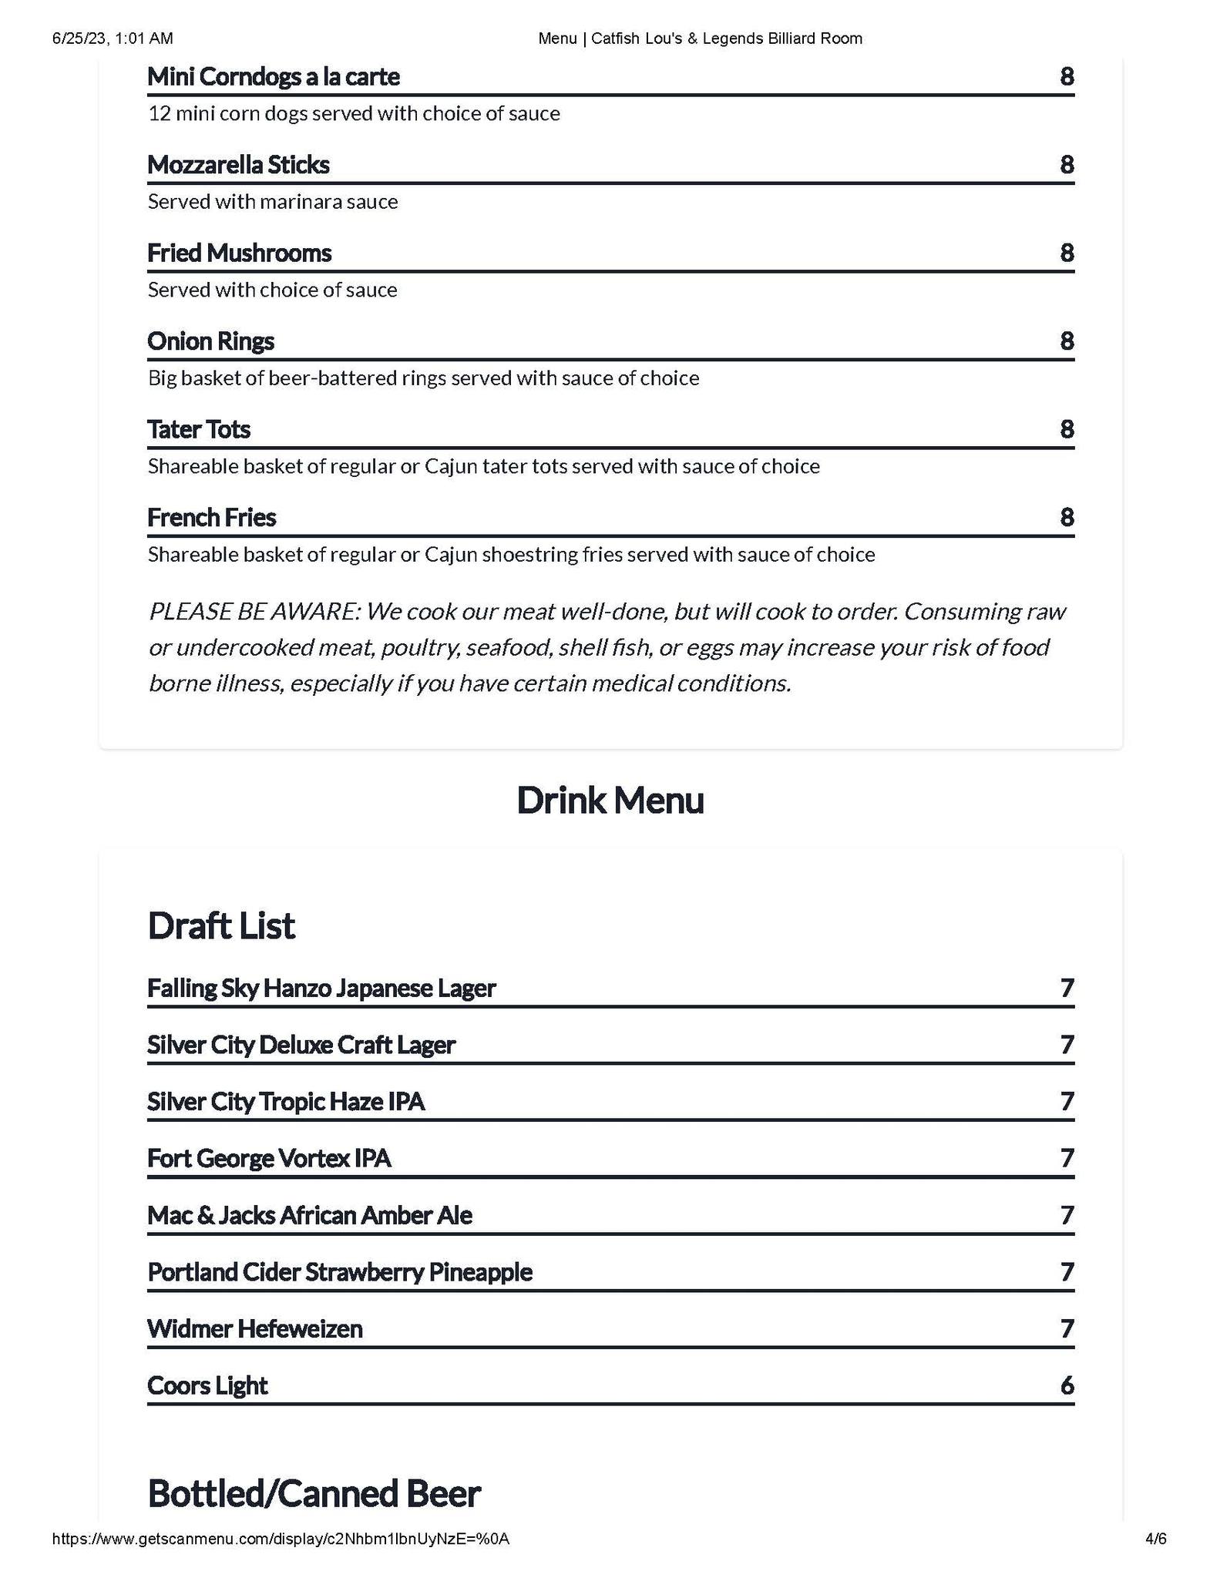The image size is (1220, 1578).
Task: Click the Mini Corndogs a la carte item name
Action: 273,77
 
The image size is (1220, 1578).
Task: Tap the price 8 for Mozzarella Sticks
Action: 1067,165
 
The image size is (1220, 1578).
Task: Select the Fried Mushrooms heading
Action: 239,253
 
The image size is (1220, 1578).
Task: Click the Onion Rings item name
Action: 210,341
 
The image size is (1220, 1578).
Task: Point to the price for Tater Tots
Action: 1067,429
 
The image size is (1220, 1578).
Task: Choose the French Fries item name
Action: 211,518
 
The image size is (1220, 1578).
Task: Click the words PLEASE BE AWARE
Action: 254,612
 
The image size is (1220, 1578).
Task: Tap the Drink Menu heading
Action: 610,801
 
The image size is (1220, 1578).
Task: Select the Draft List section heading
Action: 220,926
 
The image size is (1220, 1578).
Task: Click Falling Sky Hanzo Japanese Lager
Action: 321,989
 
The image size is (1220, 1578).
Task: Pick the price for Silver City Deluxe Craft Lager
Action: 1067,1046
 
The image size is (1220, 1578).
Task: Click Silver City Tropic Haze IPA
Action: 286,1102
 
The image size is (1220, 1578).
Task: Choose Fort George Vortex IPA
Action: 269,1159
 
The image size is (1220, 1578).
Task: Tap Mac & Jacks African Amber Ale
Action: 310,1216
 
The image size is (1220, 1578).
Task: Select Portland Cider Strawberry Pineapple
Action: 340,1272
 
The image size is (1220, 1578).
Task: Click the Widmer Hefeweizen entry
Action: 254,1329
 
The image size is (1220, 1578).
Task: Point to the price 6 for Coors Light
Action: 1067,1386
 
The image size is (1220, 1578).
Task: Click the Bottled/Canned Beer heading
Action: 314,1493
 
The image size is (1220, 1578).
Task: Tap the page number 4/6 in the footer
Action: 1155,1539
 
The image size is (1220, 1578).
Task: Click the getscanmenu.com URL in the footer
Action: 281,1539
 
